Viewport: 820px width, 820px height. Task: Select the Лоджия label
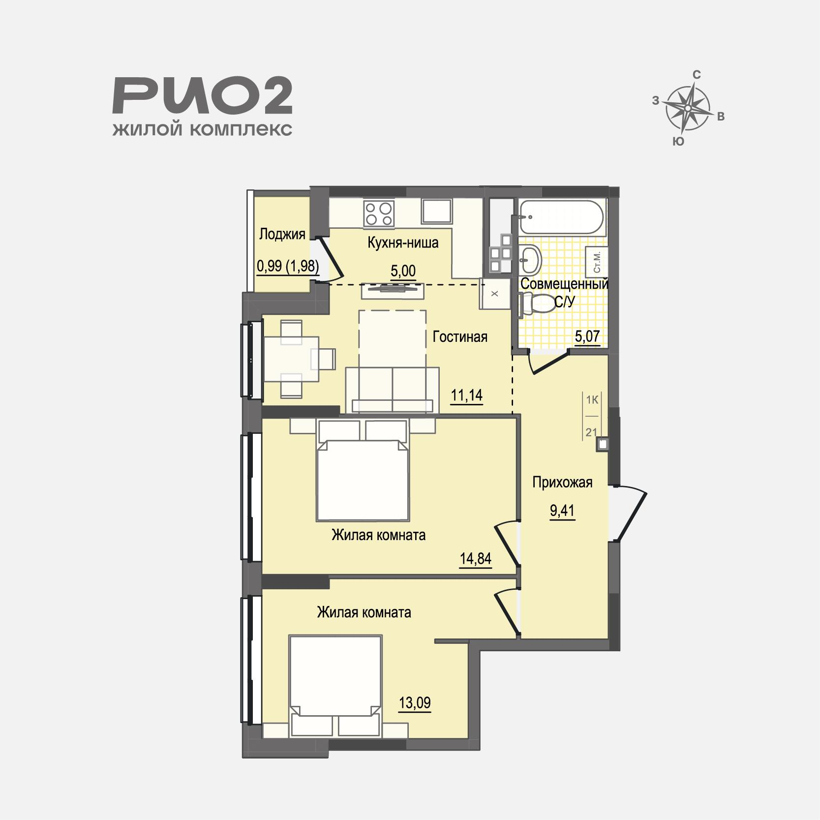[282, 234]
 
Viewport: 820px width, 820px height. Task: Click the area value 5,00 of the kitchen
[403, 271]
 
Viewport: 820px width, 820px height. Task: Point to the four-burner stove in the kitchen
[379, 214]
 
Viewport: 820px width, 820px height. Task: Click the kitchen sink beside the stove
[437, 211]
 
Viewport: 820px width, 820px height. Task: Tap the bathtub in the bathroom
[559, 217]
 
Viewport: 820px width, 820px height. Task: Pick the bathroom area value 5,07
[588, 336]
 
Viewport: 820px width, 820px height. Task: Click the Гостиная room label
[460, 337]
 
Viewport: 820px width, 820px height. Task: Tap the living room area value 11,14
[467, 395]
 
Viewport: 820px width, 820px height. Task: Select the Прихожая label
[562, 483]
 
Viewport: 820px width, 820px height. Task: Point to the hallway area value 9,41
[562, 511]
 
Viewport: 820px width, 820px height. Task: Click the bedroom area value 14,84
[476, 559]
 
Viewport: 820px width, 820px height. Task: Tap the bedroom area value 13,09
[415, 703]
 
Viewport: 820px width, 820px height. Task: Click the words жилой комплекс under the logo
[202, 129]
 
